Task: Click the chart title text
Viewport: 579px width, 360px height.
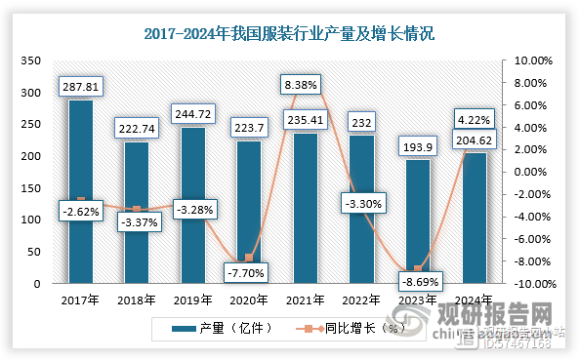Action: (x=289, y=33)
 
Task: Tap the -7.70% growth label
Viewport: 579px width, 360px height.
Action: (x=248, y=273)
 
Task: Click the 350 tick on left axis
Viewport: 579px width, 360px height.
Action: (x=31, y=60)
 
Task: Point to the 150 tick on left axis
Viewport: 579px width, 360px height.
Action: (x=31, y=188)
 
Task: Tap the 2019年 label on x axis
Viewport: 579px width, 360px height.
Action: (x=192, y=300)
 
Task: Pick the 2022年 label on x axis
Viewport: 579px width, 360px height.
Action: (x=360, y=300)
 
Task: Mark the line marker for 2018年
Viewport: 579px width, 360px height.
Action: (x=137, y=209)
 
